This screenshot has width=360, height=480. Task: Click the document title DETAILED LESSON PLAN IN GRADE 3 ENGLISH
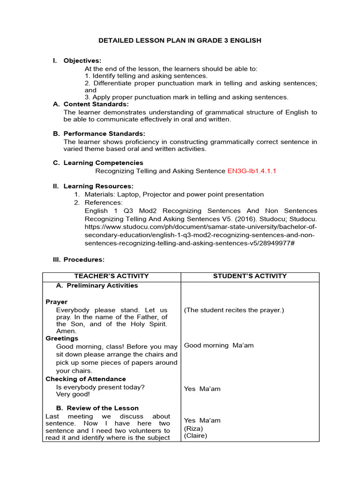pos(180,41)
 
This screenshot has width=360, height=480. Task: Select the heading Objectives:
pos(82,60)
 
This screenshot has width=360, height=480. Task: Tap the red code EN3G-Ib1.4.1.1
pos(252,171)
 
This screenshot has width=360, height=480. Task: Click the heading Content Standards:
pos(96,104)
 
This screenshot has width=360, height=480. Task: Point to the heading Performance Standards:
pos(104,134)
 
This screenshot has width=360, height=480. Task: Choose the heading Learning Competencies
pos(103,163)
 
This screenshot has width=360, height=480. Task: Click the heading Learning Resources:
pos(98,186)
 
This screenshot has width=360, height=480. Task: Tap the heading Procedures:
pos(84,259)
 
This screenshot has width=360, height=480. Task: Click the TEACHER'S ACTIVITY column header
pos(112,276)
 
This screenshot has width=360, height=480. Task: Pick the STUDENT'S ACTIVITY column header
pos(250,276)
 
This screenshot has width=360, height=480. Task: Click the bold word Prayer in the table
pos(56,302)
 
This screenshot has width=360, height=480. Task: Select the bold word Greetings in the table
pos(62,338)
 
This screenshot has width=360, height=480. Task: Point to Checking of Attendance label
pos(85,379)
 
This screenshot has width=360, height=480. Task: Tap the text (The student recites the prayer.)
pos(234,310)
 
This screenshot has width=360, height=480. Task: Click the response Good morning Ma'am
pos(218,345)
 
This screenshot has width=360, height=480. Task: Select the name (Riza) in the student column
pos(193,428)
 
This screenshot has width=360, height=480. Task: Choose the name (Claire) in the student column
pos(195,435)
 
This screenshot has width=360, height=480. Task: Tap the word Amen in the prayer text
pos(65,331)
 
